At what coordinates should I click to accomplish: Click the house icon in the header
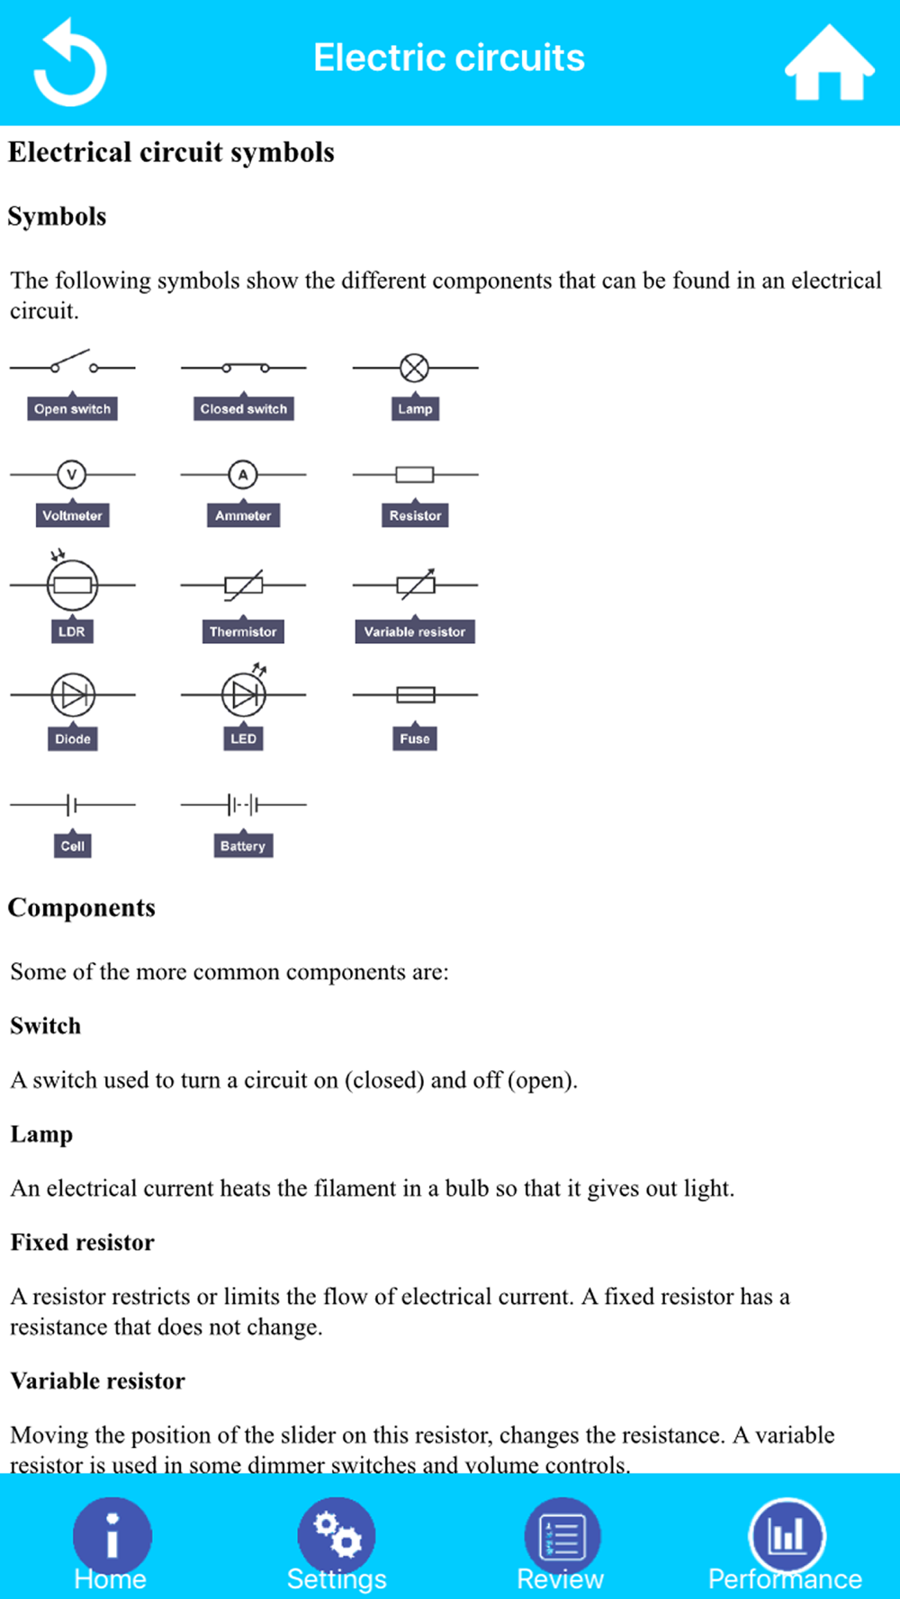tap(829, 62)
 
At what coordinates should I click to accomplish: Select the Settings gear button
tap(337, 1535)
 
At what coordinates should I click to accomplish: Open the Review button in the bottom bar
tap(562, 1535)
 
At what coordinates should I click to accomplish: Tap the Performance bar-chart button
tap(787, 1535)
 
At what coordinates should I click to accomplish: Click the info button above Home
tap(112, 1535)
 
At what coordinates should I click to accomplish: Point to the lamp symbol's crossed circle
tap(414, 367)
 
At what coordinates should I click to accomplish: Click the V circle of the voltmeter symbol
tap(72, 474)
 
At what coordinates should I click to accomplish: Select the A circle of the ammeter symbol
tap(242, 474)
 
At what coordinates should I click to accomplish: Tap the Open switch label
tap(72, 408)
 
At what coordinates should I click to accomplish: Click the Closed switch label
tap(243, 408)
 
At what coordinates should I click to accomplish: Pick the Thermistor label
tap(243, 631)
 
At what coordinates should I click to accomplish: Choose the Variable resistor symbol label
tap(415, 631)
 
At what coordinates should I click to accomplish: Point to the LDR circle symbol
tap(72, 585)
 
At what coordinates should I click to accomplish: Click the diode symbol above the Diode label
tap(72, 694)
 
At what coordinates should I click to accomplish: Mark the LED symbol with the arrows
tap(244, 691)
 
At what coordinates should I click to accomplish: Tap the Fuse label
tap(415, 738)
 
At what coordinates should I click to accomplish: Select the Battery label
tap(243, 845)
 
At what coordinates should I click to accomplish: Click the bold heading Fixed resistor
tap(82, 1242)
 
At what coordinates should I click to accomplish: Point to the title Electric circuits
tap(449, 58)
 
